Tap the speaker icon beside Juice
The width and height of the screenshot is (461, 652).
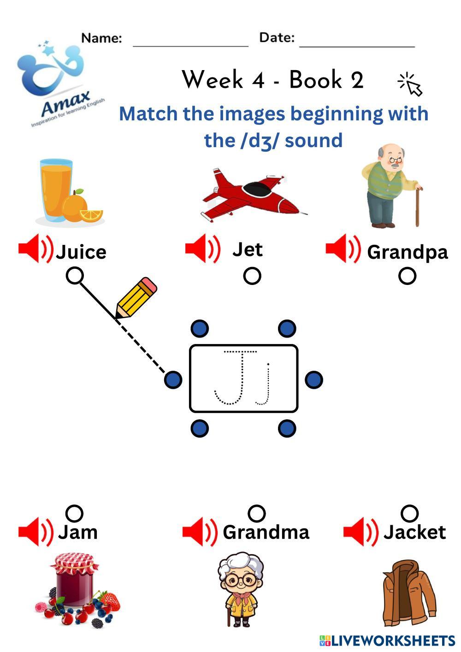pyautogui.click(x=35, y=249)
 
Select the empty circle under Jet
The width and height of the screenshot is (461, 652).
pyautogui.click(x=252, y=276)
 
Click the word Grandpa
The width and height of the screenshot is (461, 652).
pyautogui.click(x=407, y=252)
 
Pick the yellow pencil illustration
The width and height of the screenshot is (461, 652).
pyautogui.click(x=136, y=297)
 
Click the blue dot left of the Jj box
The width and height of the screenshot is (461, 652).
pyautogui.click(x=173, y=380)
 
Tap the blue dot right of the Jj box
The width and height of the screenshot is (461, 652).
pyautogui.click(x=314, y=379)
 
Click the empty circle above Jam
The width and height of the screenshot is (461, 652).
pyautogui.click(x=74, y=513)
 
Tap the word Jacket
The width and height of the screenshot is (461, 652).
pyautogui.click(x=414, y=532)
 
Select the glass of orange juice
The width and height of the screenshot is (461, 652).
pyautogui.click(x=56, y=189)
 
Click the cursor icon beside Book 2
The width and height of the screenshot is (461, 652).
pyautogui.click(x=410, y=84)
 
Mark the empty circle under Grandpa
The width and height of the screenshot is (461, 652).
pyautogui.click(x=407, y=276)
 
